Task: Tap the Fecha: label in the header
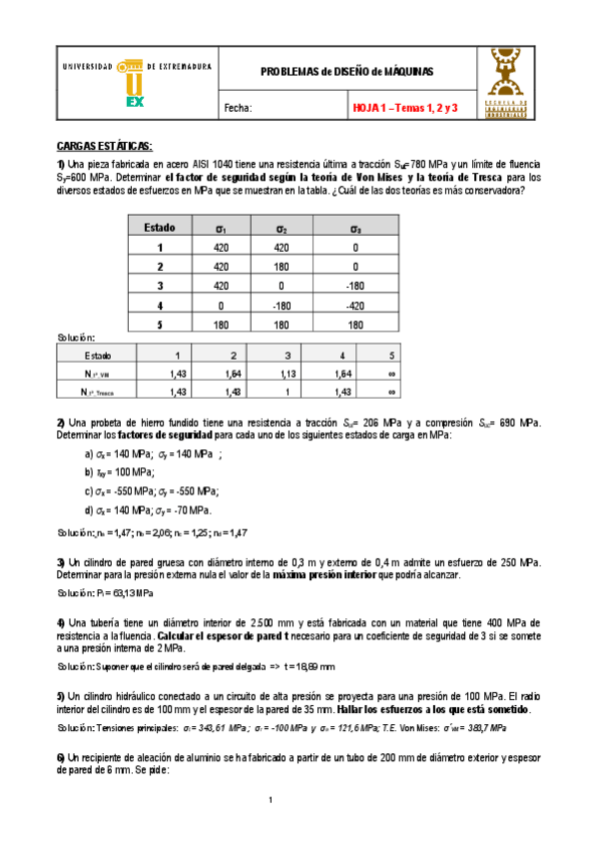coord(239,108)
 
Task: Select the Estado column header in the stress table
coord(160,228)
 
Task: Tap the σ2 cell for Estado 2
coord(284,267)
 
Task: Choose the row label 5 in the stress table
coord(160,325)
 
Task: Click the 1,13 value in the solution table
coord(288,374)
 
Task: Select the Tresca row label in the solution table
coord(98,393)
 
